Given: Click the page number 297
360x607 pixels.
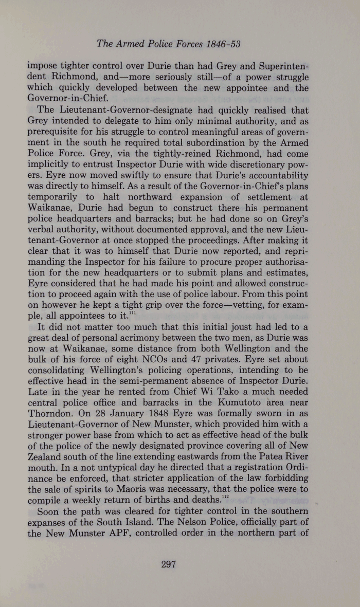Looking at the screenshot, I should pyautogui.click(x=169, y=564).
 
